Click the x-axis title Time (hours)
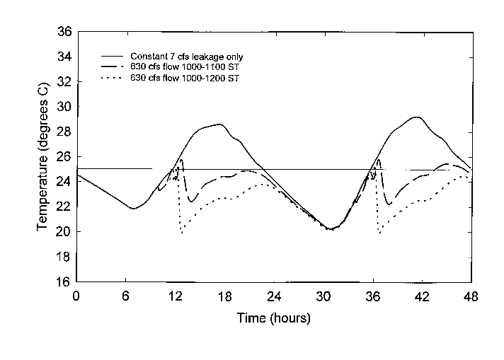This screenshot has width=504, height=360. [x=273, y=318]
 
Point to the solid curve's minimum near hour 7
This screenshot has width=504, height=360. [x=132, y=208]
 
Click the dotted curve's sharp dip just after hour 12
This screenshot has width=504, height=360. [x=182, y=232]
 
